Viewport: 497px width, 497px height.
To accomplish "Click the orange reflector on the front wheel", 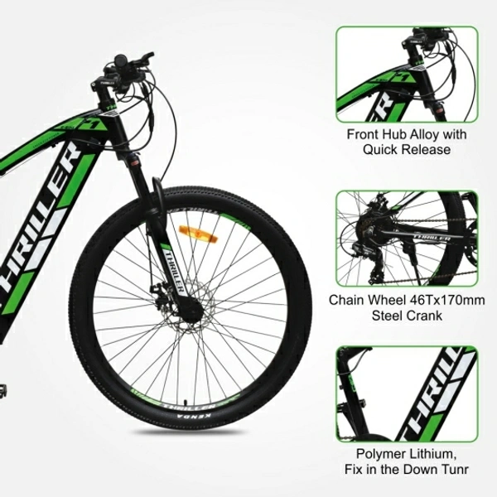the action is (x=199, y=234).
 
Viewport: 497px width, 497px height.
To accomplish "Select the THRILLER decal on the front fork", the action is (x=174, y=270).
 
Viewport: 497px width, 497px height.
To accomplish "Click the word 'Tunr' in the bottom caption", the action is (x=455, y=469).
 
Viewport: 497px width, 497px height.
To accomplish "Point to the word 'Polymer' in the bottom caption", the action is (x=381, y=454).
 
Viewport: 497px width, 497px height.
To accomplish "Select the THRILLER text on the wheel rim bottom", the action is (x=188, y=406).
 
